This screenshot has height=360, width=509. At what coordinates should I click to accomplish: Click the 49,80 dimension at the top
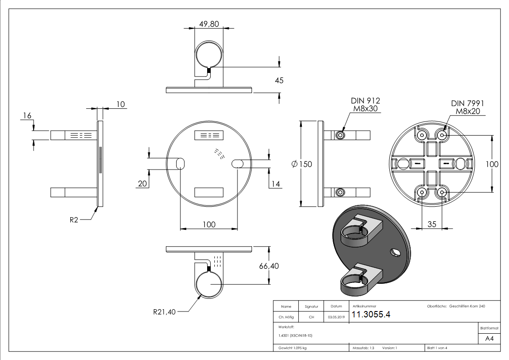click(x=209, y=24)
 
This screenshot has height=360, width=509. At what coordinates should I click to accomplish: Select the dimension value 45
click(x=279, y=80)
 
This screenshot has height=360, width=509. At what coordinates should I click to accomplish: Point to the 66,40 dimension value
click(x=269, y=266)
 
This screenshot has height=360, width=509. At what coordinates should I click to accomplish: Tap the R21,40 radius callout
click(x=164, y=311)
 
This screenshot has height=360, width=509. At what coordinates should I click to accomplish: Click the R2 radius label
click(x=74, y=220)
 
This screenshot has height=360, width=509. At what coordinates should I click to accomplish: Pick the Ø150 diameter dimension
click(x=302, y=164)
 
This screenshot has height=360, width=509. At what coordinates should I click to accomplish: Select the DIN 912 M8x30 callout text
click(x=365, y=105)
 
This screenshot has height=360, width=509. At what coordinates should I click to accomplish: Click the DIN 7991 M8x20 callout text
click(x=467, y=107)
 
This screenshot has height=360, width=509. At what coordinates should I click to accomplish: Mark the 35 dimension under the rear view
click(x=432, y=224)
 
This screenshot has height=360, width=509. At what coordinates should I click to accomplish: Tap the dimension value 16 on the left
click(x=27, y=116)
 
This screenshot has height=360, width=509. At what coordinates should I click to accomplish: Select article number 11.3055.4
click(x=371, y=315)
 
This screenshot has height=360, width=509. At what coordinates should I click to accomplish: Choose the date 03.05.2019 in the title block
click(x=336, y=317)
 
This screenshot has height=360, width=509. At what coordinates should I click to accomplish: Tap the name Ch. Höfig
click(x=286, y=317)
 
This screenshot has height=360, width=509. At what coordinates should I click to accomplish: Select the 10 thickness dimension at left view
click(x=121, y=104)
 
